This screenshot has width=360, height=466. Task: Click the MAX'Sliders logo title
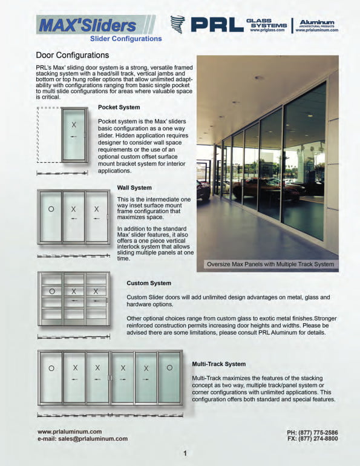(88, 25)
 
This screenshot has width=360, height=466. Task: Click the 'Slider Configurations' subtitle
(126, 39)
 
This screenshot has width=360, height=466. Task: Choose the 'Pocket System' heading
(119, 108)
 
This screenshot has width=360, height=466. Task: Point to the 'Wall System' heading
(134, 188)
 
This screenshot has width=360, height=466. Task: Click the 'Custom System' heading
(149, 283)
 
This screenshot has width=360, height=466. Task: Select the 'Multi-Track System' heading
(218, 364)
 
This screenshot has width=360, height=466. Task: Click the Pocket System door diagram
(74, 134)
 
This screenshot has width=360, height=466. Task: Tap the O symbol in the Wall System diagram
(51, 209)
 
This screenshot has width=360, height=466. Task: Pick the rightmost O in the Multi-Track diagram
(169, 367)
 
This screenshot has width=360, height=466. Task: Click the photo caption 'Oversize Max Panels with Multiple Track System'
(270, 264)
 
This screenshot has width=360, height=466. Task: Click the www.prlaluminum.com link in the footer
(69, 432)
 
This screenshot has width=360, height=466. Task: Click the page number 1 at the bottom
(185, 454)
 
